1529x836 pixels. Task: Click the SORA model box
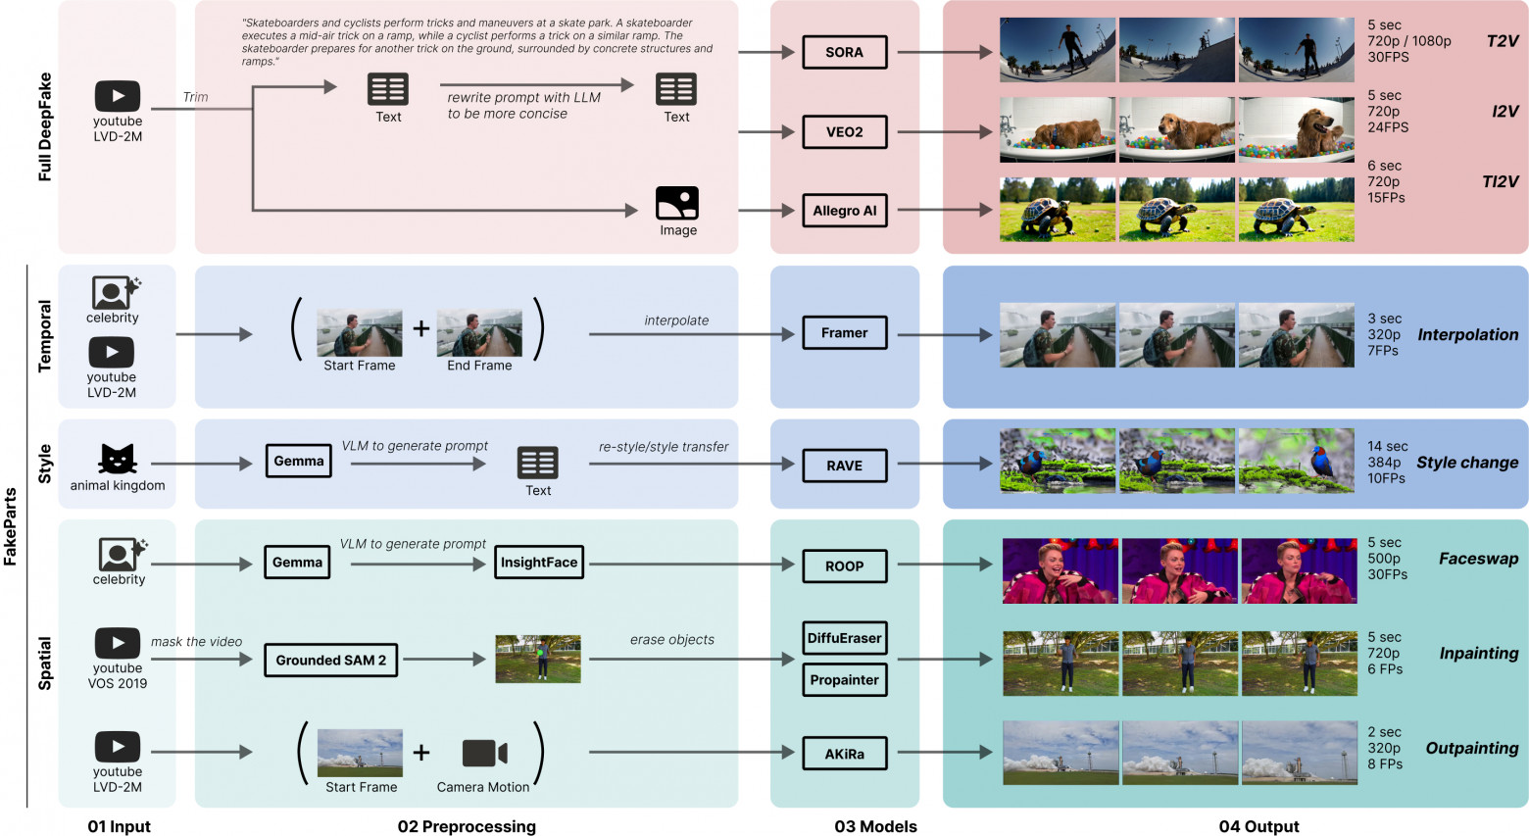[844, 52]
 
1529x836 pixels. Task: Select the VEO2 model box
[844, 131]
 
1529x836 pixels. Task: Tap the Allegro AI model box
[844, 210]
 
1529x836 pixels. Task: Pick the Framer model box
[844, 333]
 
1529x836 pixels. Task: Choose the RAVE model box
[844, 466]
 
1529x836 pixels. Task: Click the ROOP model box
[844, 566]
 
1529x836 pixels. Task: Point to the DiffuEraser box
[844, 638]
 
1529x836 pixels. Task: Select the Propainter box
[844, 679]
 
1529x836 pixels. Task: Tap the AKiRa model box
[844, 754]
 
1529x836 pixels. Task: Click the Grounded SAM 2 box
[330, 660]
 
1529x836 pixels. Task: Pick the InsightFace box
[539, 562]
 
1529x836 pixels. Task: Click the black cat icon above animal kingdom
[117, 459]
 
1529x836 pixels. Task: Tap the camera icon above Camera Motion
[484, 753]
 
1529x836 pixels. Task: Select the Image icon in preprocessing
[677, 203]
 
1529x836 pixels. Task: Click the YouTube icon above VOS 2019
[118, 643]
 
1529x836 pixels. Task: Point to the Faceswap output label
[1478, 559]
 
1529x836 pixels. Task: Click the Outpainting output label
[1471, 748]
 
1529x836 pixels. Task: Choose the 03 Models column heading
[875, 826]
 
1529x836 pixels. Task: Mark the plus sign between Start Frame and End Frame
[420, 328]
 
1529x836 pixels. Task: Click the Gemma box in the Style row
[299, 461]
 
